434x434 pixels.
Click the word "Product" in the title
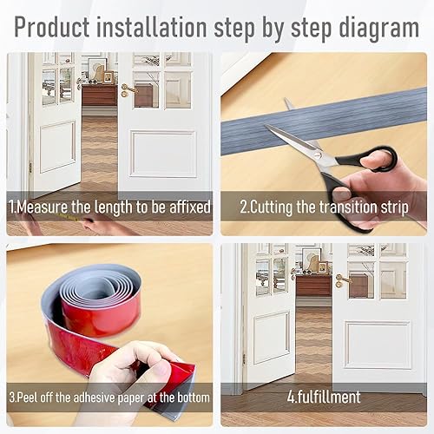(52, 27)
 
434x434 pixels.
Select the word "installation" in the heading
(152, 27)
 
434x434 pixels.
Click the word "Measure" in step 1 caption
(43, 207)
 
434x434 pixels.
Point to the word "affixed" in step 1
(190, 207)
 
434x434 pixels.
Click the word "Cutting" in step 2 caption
(270, 207)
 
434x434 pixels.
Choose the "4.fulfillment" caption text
(324, 397)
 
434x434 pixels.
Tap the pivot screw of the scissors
(318, 155)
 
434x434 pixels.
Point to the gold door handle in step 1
(128, 89)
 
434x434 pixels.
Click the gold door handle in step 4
(343, 280)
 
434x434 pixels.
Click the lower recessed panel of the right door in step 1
(163, 154)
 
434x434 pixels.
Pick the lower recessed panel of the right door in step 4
(378, 345)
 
